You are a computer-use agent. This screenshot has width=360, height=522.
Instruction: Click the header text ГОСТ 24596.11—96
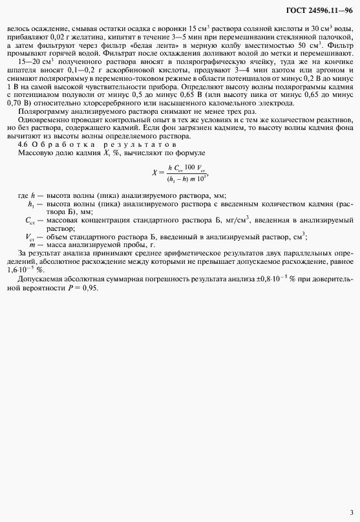click(x=319, y=12)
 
